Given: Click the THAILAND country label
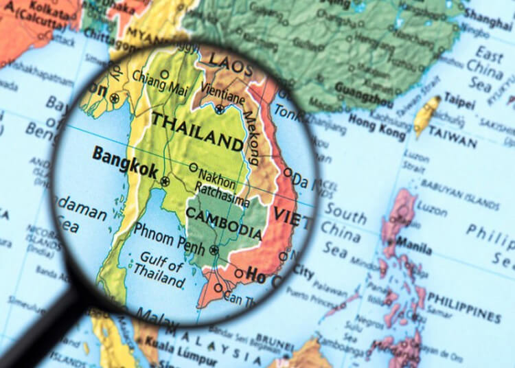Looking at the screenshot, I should (x=197, y=131).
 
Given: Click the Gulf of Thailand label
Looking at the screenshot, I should (x=161, y=271).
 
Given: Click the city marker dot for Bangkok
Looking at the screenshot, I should (x=165, y=182).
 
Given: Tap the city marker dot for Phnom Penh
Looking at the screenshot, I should (x=214, y=250).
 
